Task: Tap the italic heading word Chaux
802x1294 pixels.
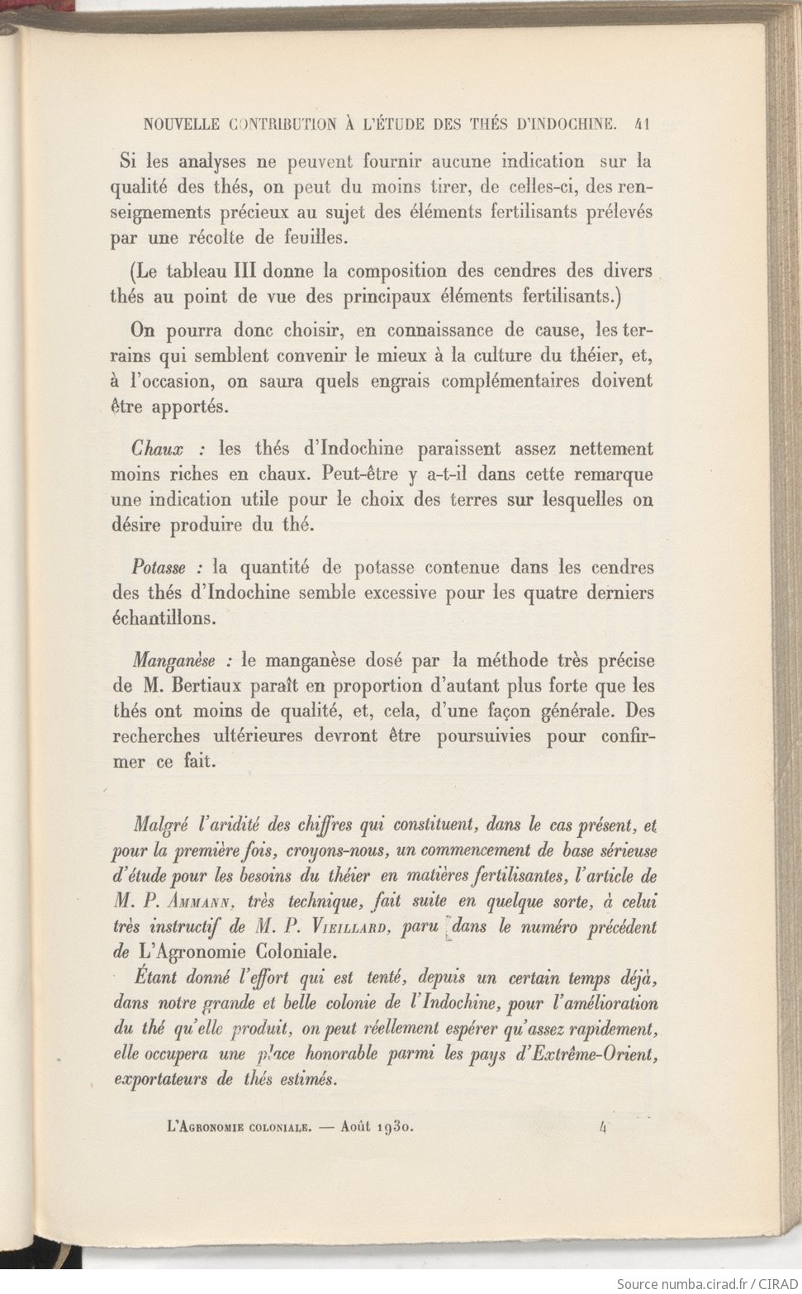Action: (157, 450)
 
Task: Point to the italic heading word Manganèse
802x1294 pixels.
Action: (174, 661)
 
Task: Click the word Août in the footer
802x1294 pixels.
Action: (355, 1125)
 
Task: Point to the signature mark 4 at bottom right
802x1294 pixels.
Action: (605, 1125)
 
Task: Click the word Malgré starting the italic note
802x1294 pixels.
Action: (163, 825)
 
